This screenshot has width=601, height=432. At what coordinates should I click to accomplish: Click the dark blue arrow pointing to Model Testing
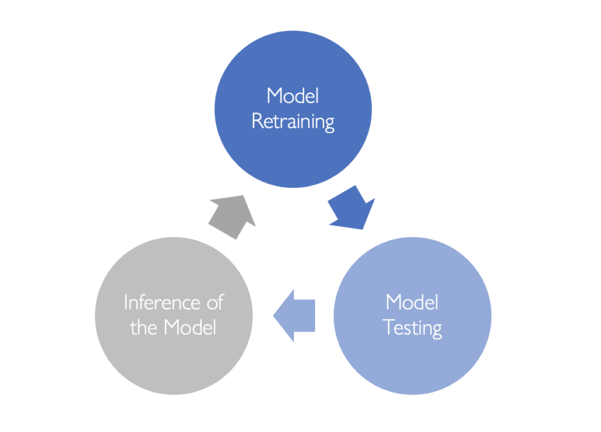[x=351, y=208]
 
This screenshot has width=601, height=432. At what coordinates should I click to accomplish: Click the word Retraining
[x=293, y=122]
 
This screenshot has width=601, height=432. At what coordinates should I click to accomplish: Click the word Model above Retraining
[x=293, y=96]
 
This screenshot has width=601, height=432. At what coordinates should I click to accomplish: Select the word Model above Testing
[x=412, y=302]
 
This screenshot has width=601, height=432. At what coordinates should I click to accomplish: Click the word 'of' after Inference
[x=215, y=302]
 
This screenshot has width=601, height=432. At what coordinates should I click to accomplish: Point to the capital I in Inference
[x=126, y=302]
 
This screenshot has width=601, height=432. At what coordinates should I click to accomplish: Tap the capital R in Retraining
[x=256, y=121]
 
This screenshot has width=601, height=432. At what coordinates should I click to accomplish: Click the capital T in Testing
[x=389, y=327]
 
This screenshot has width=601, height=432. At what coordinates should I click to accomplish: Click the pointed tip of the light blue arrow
[x=274, y=316]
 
